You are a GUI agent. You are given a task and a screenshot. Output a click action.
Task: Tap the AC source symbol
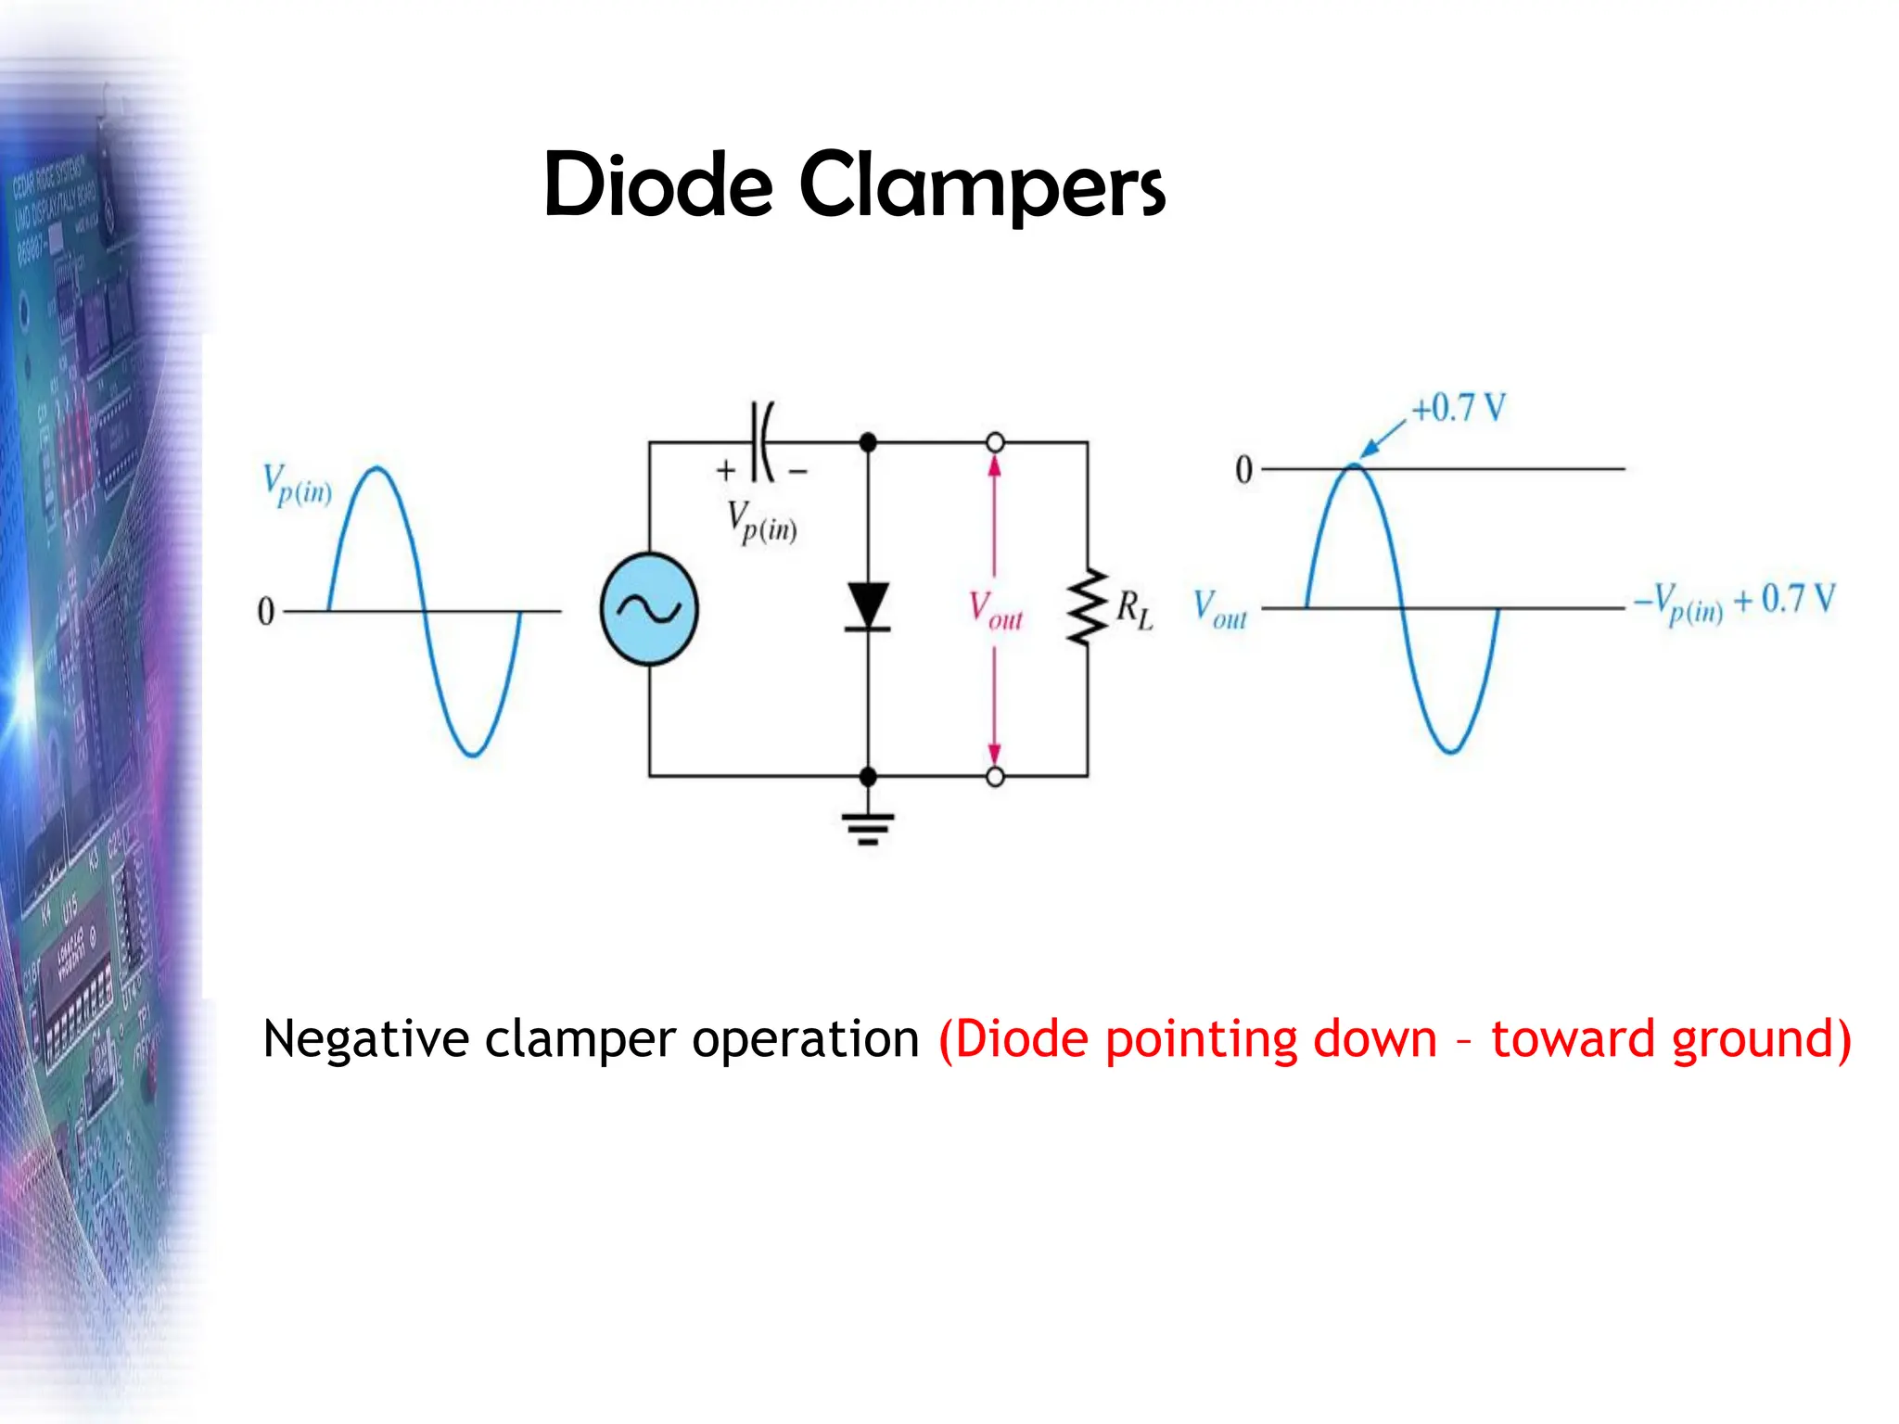point(649,609)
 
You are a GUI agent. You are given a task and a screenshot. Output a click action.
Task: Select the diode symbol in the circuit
point(868,607)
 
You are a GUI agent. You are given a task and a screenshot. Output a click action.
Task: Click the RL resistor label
point(1134,610)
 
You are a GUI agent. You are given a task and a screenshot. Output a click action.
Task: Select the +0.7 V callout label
point(1459,408)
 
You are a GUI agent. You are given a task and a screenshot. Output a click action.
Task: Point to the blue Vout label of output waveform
point(1219,610)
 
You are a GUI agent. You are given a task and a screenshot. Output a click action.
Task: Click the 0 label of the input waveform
point(266,612)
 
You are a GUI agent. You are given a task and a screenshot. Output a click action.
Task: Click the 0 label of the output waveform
point(1243,470)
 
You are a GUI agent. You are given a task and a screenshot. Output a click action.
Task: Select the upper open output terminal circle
point(995,443)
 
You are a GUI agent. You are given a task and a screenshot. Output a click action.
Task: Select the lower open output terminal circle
point(995,777)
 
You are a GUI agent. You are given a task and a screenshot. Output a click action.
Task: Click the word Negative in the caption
point(365,1038)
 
